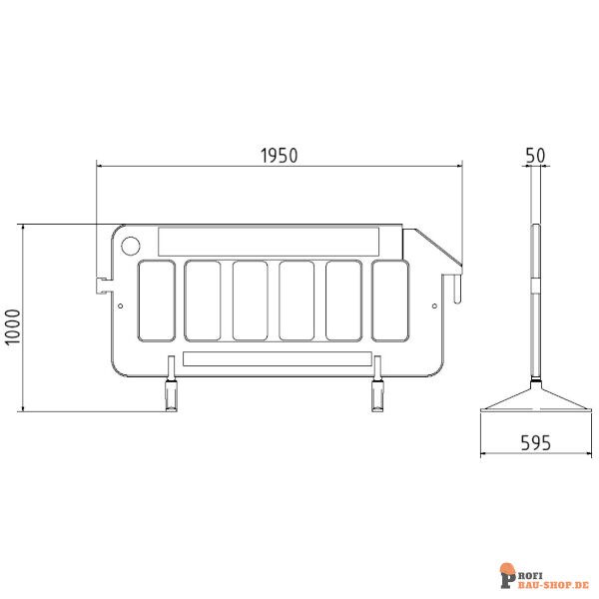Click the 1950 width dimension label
(x=279, y=156)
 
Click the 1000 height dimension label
(x=13, y=327)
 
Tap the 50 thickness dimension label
(x=535, y=156)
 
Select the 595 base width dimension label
(x=535, y=443)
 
